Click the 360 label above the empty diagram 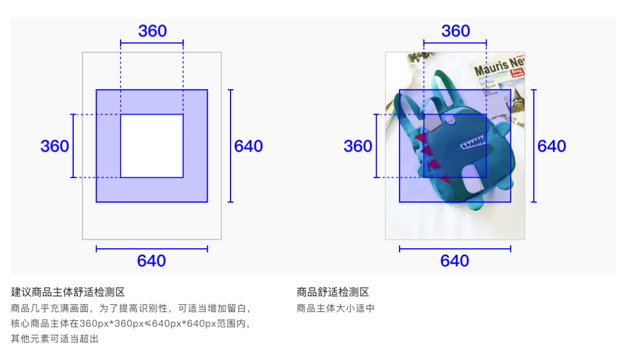pos(152,31)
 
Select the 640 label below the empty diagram pos(152,261)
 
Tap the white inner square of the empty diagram pos(152,146)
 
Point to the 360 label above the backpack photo pos(455,31)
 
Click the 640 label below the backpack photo pos(455,261)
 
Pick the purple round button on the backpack pos(451,120)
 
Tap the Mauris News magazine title pos(498,66)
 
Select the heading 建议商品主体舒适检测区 pos(68,292)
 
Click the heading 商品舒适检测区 pos(333,292)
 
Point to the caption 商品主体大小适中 pos(335,308)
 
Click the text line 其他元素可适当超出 pos(55,338)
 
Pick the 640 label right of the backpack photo pos(552,146)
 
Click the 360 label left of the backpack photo pos(358,146)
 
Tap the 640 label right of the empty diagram pos(249,146)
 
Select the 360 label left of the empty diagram pos(54,146)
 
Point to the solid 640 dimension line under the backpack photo pos(455,249)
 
